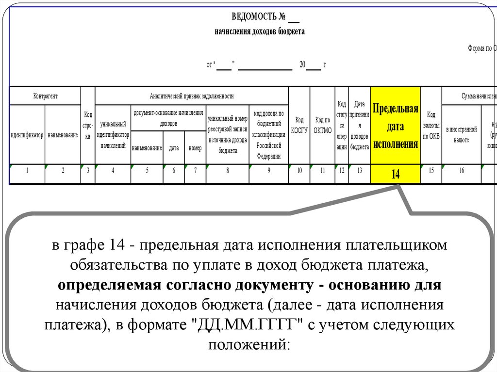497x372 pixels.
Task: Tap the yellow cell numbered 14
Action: [x=395, y=174]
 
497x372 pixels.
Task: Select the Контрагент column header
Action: [x=45, y=96]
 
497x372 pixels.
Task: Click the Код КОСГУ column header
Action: [x=299, y=125]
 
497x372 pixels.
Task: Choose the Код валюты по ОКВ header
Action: [x=431, y=125]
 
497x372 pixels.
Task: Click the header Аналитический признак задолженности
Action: [x=192, y=96]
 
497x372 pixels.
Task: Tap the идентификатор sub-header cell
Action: [x=27, y=135]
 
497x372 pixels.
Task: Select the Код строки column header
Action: [x=88, y=125]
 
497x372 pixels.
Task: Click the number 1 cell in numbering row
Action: [x=27, y=170]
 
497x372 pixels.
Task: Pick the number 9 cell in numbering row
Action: [x=268, y=170]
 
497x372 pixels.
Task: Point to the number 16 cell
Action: [x=461, y=170]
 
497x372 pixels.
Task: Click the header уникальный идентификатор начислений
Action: [x=113, y=135]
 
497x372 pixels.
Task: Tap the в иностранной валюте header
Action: [x=461, y=135]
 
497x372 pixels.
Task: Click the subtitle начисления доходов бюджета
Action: [x=259, y=32]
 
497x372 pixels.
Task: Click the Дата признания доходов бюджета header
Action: [x=359, y=125]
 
